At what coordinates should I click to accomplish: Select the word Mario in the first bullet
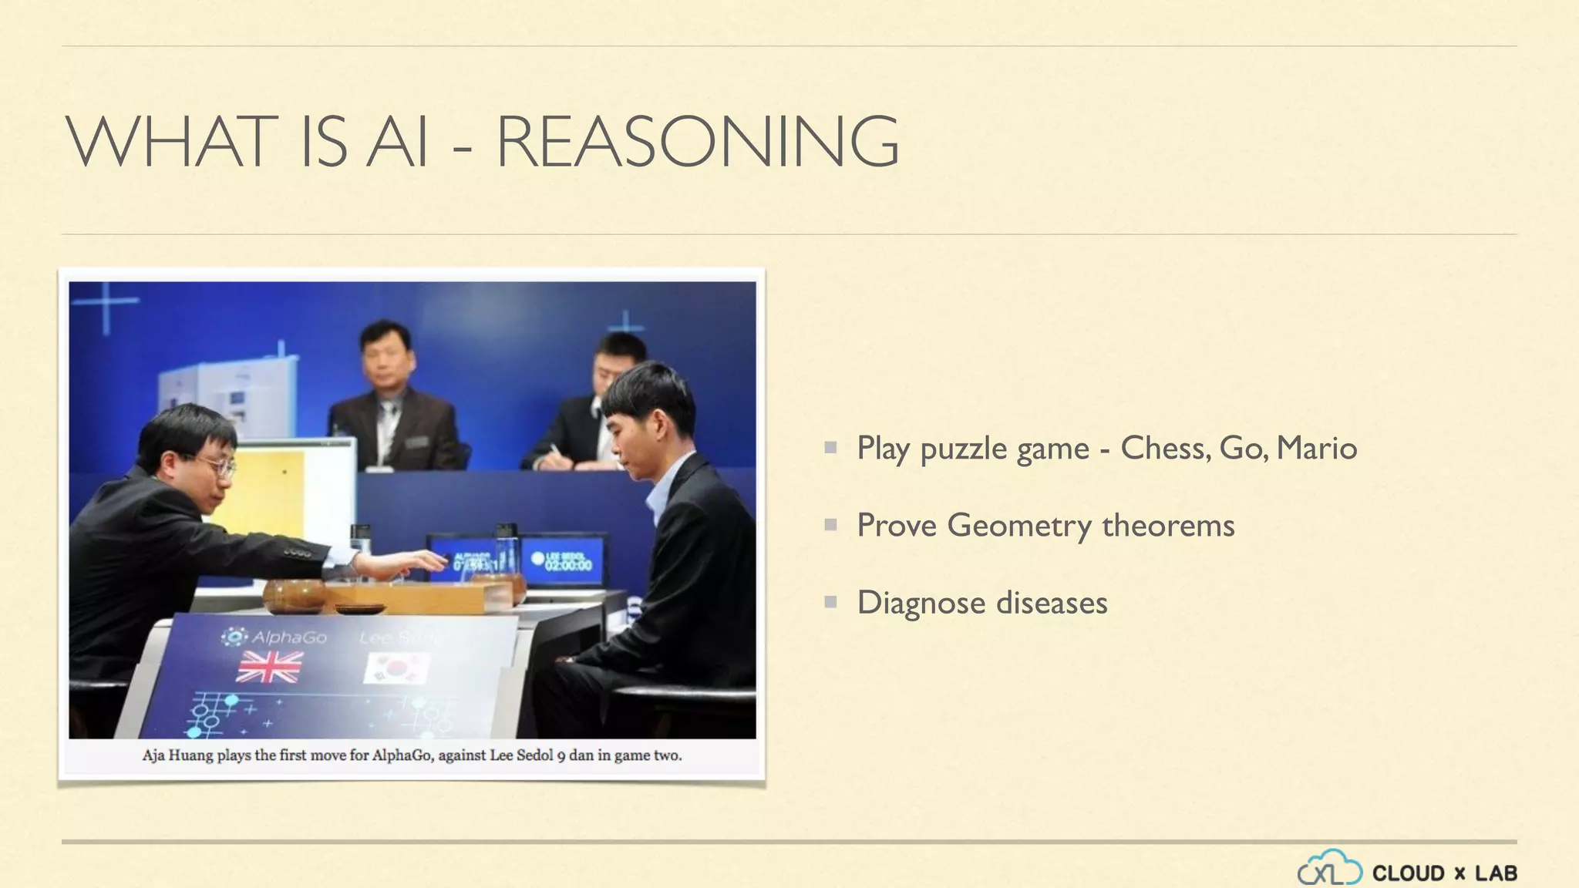coord(1316,448)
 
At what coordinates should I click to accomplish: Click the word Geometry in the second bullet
coord(1018,526)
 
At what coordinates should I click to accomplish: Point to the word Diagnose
coord(921,603)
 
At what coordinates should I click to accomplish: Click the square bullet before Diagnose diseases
coord(830,601)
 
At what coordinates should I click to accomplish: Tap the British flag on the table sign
coord(269,667)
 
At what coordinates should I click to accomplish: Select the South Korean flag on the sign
coord(397,668)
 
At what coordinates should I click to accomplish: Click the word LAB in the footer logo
coord(1496,873)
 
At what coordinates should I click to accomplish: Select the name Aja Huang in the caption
coord(177,755)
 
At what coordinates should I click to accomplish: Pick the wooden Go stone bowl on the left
coord(294,595)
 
